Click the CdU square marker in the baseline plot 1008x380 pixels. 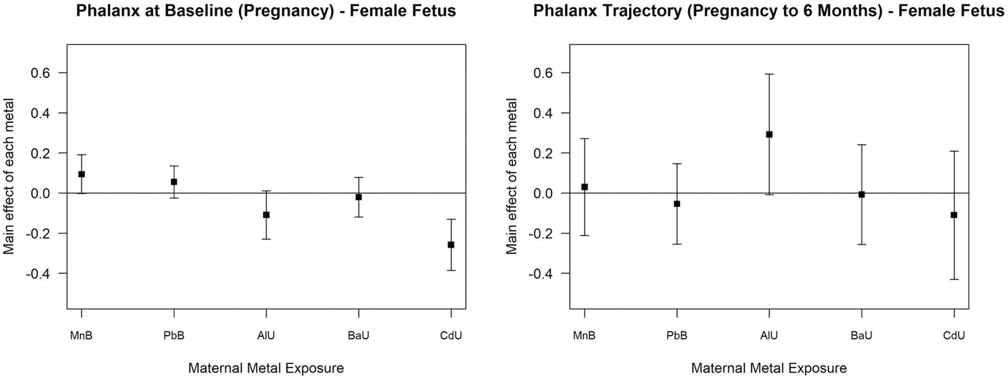coord(451,245)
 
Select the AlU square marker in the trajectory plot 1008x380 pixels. coord(769,134)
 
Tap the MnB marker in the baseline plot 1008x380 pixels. coord(82,174)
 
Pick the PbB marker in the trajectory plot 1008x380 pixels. coord(676,204)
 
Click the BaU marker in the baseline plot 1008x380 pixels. coord(358,197)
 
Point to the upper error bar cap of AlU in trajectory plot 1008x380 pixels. coord(769,74)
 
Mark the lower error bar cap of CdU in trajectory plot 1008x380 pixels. coord(954,279)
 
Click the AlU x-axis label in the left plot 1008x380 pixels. coord(266,336)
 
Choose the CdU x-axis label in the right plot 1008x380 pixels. coord(954,336)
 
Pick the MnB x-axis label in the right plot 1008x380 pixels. coord(584,336)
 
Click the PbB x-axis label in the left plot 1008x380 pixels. coord(174,336)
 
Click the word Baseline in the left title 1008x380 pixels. coord(192,11)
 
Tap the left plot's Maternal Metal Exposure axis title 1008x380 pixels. coord(265,368)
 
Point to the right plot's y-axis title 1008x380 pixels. coord(512,176)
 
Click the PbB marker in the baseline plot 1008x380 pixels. coord(174,182)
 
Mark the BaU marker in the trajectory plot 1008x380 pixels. coord(861,194)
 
